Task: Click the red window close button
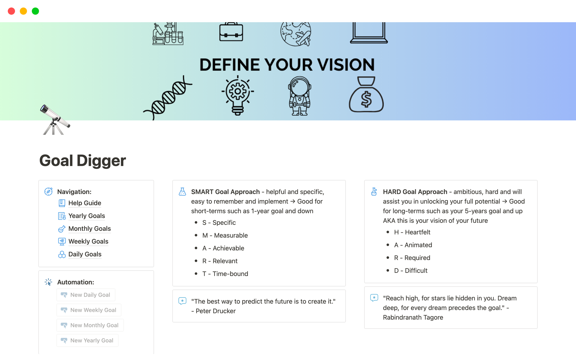11,11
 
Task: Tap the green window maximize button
35,11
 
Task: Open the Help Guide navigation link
85,203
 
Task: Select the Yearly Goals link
86,216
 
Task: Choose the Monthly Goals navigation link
89,229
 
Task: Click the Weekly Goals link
88,241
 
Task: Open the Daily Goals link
85,254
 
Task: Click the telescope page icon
54,120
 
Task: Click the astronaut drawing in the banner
299,96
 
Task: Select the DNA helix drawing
168,97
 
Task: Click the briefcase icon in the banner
231,32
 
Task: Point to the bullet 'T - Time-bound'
225,274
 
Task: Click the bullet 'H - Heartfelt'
412,232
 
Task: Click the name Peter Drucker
215,311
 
